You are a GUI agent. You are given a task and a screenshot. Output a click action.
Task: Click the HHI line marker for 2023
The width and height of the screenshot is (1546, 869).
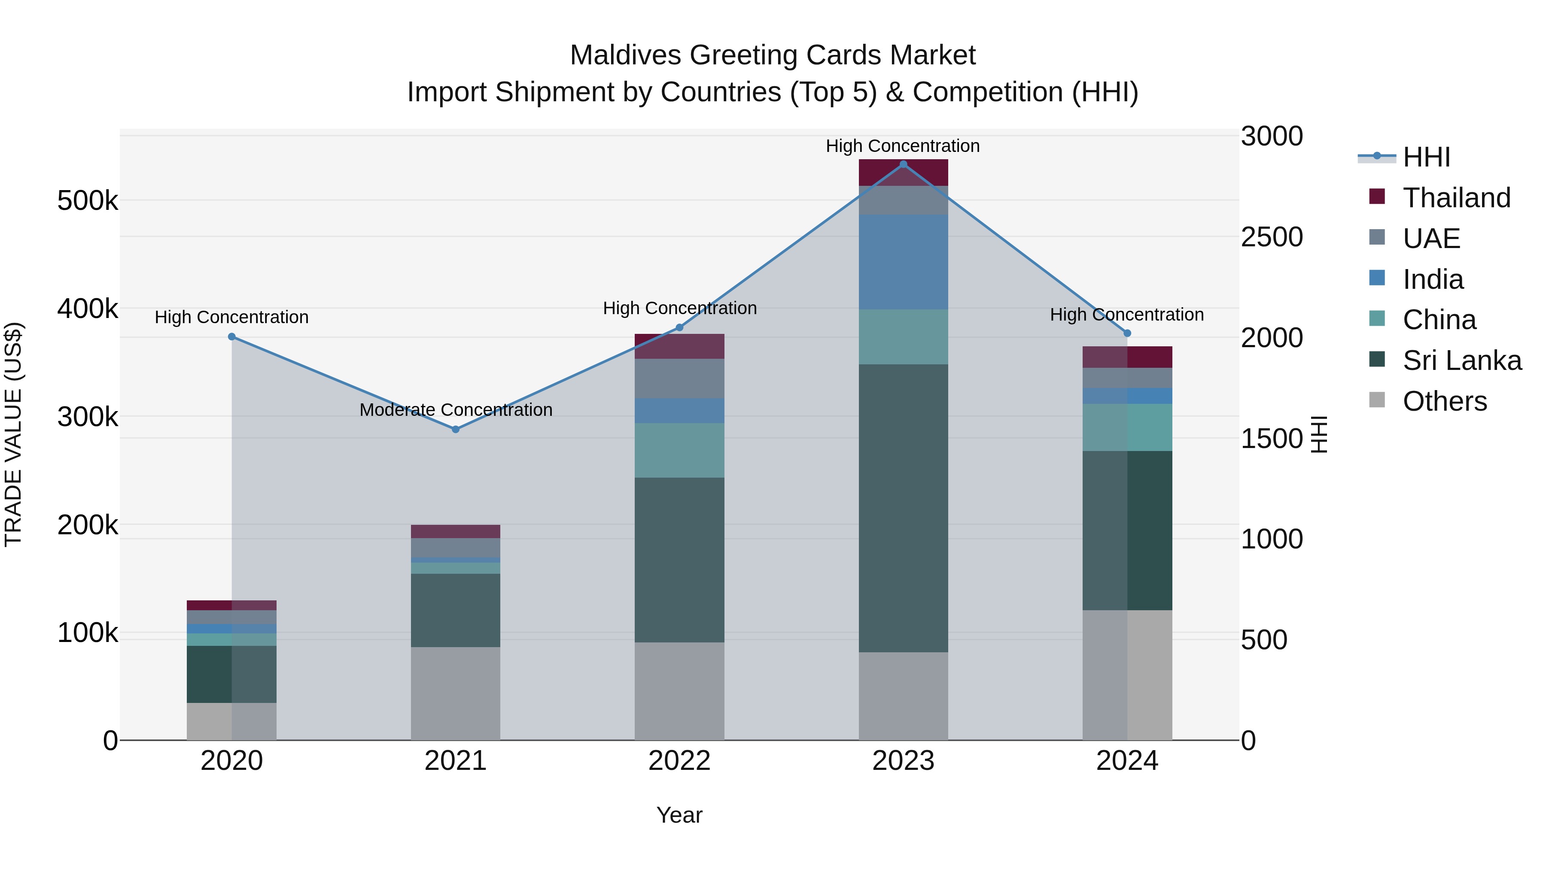click(x=903, y=164)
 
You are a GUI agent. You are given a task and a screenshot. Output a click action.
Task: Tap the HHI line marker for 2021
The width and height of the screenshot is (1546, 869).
click(x=456, y=430)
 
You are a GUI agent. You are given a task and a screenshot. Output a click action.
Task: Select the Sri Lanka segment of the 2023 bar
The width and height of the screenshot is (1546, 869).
click(x=903, y=508)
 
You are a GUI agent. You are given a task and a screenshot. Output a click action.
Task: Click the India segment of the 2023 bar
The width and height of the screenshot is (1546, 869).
click(x=903, y=262)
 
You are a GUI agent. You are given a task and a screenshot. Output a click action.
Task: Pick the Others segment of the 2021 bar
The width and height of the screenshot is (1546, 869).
click(x=456, y=693)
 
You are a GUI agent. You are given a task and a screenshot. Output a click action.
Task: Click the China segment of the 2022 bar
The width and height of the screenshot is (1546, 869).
click(x=679, y=451)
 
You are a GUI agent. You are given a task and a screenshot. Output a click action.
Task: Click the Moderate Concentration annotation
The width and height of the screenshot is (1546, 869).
click(x=456, y=410)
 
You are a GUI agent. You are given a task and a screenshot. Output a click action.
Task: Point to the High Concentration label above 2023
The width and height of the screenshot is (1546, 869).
click(x=903, y=146)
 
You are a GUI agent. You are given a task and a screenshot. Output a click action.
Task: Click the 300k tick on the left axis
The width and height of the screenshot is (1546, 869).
click(x=88, y=417)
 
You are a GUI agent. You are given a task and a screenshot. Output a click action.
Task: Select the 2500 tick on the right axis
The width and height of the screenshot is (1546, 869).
click(x=1271, y=237)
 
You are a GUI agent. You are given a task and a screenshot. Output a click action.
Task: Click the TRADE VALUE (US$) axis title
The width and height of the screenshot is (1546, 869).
click(x=14, y=434)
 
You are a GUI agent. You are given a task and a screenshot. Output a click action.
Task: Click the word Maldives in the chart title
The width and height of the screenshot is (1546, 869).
click(x=625, y=55)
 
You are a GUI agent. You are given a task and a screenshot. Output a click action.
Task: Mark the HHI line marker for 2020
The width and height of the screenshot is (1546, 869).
click(x=231, y=337)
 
